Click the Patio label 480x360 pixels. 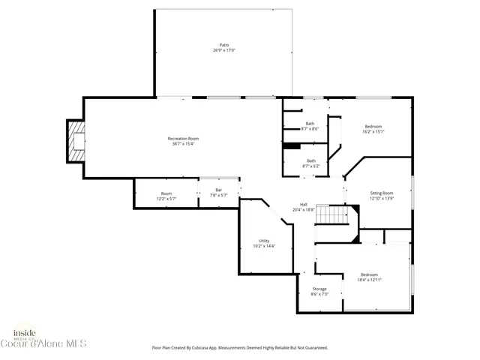pos(223,45)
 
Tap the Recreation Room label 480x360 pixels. pos(183,138)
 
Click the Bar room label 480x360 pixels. pos(218,190)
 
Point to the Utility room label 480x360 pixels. pos(264,241)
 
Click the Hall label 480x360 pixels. pos(304,204)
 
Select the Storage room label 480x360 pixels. pos(319,289)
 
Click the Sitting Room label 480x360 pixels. pos(382,193)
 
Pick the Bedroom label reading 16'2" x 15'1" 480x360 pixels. pos(373,126)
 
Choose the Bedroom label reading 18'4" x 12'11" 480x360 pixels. pos(369,274)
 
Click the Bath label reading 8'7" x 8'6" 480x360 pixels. pos(310,124)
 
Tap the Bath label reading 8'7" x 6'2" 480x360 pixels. pos(310,160)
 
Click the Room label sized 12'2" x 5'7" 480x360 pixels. pos(166,194)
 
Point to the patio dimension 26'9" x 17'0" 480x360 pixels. pos(223,50)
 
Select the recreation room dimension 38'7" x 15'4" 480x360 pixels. pos(183,143)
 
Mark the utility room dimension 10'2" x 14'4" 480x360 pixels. pos(264,246)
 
